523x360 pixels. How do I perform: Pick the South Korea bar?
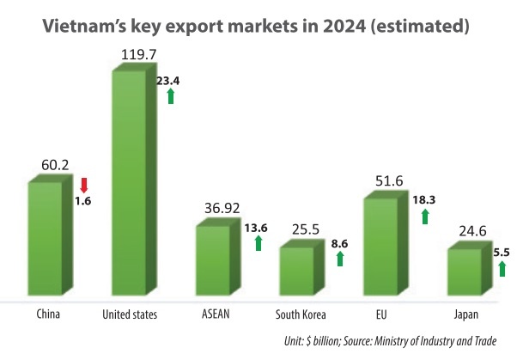click(297, 272)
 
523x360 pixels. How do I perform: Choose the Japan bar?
click(465, 273)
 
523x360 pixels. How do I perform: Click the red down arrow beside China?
click(83, 184)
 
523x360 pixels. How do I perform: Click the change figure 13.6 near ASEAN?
click(256, 229)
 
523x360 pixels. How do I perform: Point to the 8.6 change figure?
click(339, 244)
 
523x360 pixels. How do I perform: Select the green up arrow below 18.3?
click(424, 216)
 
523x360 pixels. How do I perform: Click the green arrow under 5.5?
click(502, 269)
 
